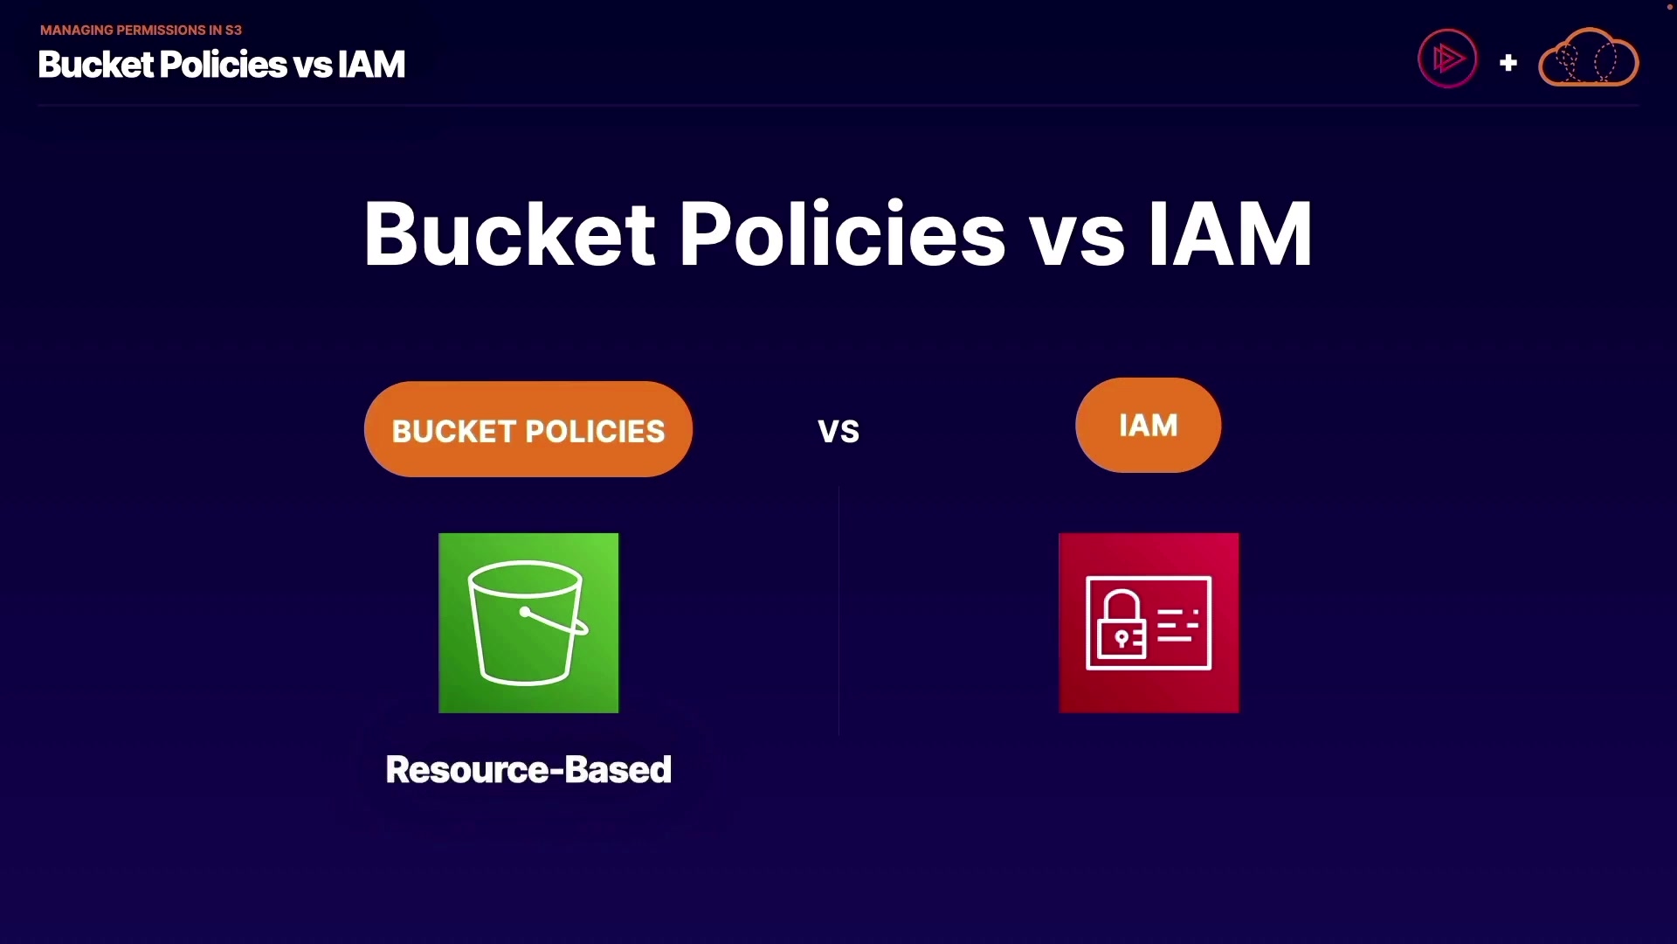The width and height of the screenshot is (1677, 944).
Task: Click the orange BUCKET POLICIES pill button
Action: coord(528,429)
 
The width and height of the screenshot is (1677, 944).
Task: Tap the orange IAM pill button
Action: coord(1148,426)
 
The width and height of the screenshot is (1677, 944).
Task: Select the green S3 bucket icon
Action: coord(528,623)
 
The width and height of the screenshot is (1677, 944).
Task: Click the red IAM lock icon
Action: coord(1149,623)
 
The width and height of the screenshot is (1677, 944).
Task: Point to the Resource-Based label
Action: coord(528,770)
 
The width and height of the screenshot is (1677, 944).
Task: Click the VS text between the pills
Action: coord(838,432)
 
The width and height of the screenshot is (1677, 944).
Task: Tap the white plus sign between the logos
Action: coord(1508,63)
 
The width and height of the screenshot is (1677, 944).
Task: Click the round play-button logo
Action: coord(1447,59)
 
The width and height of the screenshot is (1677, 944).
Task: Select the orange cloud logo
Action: coord(1588,58)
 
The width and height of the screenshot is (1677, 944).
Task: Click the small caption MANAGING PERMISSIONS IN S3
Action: coord(141,30)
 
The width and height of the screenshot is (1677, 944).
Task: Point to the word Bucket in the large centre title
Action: coord(509,234)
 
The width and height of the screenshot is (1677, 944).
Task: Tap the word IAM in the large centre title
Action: coord(1230,234)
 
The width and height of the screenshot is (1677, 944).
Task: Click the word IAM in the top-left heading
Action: coord(371,65)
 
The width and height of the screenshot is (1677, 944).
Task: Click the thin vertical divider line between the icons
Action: coord(838,611)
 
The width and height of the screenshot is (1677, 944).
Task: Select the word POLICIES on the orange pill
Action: coord(595,432)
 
